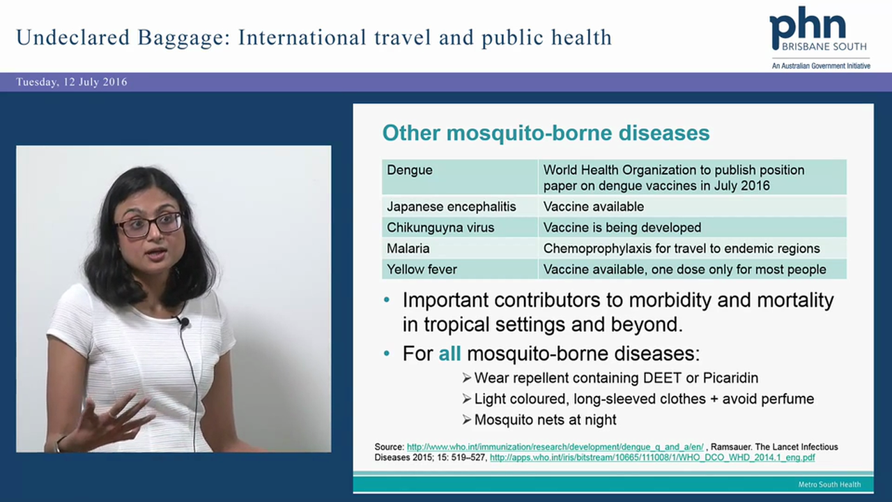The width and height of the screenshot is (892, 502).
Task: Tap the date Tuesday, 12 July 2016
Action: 72,82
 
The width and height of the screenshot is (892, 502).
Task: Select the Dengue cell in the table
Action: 410,170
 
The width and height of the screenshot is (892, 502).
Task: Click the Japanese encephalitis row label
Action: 452,206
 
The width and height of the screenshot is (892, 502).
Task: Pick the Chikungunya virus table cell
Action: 440,227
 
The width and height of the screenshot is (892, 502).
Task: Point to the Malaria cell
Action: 408,248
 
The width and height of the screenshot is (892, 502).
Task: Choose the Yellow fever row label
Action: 422,269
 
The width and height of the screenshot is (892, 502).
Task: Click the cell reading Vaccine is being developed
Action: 622,227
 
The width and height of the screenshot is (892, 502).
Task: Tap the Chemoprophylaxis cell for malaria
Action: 681,248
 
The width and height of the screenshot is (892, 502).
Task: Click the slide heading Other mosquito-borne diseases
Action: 546,132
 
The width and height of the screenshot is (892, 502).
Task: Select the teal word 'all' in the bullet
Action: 449,353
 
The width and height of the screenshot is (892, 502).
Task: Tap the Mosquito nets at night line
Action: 545,420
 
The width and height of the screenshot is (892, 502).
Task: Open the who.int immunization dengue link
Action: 555,447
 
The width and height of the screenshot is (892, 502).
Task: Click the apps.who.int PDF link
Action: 652,458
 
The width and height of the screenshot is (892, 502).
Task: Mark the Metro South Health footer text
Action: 829,485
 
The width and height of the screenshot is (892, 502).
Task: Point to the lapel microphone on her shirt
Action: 183,321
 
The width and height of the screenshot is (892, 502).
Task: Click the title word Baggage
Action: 177,37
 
